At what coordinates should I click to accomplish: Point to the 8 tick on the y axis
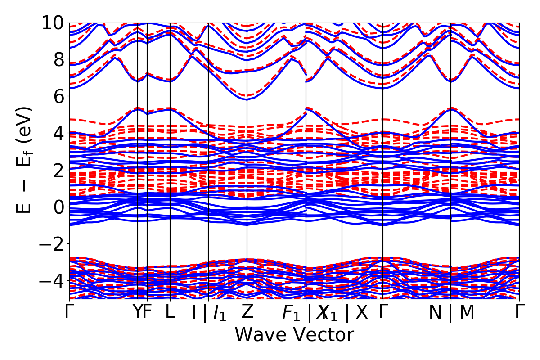coord(58,59)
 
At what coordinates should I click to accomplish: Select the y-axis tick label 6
coord(58,96)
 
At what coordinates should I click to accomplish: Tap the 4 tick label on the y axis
coord(58,133)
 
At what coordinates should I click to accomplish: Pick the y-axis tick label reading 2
coord(58,170)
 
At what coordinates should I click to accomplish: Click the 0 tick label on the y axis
coord(58,207)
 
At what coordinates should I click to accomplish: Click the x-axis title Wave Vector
coord(294,335)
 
